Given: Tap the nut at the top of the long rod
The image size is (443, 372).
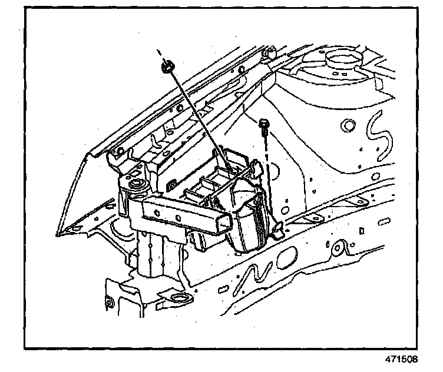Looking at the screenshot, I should pos(167,68).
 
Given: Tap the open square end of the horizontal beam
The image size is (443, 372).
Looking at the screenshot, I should pos(224,224).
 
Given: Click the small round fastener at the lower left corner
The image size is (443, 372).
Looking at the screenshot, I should pos(108,304).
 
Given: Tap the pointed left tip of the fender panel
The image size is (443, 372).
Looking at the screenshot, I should pos(58,235).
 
